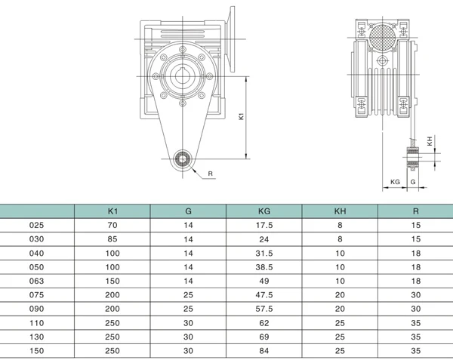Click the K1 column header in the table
(112, 211)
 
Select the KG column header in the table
(263, 211)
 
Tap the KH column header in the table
(339, 211)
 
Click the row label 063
(36, 281)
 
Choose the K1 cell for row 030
(112, 239)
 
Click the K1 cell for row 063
(112, 281)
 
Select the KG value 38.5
(263, 266)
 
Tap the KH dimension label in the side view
(430, 141)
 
